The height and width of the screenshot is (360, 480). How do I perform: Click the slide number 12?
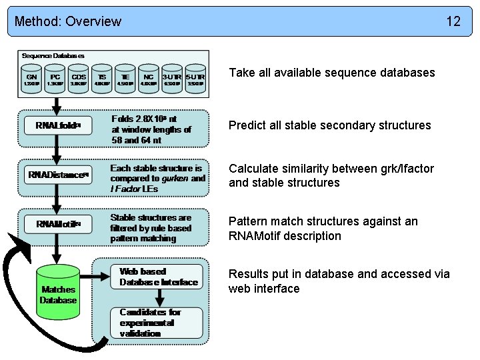pos(453,21)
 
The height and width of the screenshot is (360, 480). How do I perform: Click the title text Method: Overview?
pos(68,21)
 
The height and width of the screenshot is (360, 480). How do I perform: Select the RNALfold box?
pos(58,125)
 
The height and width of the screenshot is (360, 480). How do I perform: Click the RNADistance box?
pos(58,175)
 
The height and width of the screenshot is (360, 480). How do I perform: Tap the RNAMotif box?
pos(58,224)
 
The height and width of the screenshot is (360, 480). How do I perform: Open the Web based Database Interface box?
pos(159,277)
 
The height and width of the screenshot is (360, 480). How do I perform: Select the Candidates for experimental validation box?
pos(159,322)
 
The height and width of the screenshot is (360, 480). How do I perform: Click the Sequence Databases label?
pos(53,55)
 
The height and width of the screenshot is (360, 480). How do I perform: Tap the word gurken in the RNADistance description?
pos(177,179)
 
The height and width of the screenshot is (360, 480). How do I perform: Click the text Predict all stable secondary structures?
pos(329,125)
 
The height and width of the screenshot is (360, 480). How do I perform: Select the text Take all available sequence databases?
pos(331,72)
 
